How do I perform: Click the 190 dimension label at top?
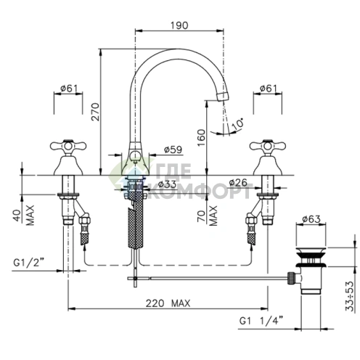[x=179, y=25]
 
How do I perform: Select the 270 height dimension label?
[x=95, y=112]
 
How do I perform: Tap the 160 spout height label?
[x=201, y=138]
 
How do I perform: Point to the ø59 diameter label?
[x=173, y=150]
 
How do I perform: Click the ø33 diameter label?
[x=167, y=184]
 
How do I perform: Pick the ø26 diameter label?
[x=238, y=182]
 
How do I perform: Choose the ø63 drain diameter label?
[x=311, y=219]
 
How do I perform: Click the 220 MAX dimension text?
[x=168, y=303]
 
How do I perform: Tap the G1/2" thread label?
[x=29, y=263]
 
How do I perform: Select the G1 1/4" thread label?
[x=261, y=321]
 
